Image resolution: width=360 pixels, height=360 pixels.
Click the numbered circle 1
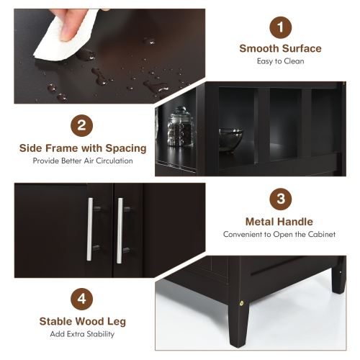click(x=280, y=29)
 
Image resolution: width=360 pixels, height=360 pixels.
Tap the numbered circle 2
click(x=82, y=127)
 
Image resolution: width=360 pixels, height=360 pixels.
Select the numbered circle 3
click(x=279, y=199)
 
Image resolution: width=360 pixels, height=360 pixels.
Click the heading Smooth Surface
click(x=280, y=49)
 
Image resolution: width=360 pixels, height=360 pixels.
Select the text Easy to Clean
click(x=280, y=61)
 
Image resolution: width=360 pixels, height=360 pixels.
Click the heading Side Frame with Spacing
click(x=82, y=148)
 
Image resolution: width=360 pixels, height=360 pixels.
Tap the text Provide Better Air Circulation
click(x=82, y=161)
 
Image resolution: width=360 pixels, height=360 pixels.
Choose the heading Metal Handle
click(x=279, y=222)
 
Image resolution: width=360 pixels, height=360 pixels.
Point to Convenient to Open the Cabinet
click(x=279, y=234)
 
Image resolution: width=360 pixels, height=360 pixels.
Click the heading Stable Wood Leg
click(x=81, y=321)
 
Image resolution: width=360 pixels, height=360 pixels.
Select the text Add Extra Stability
click(x=81, y=333)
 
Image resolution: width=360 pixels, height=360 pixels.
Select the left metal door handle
click(x=91, y=231)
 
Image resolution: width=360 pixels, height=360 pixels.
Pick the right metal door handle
click(x=120, y=231)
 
